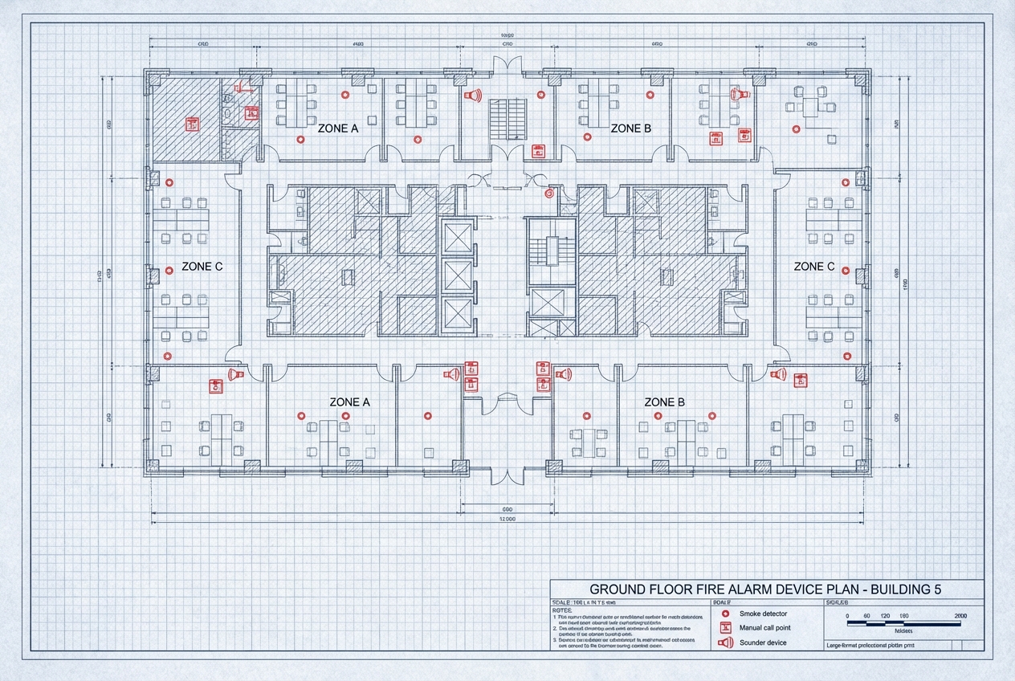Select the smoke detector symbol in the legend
point(725,614)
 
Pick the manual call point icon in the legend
point(725,627)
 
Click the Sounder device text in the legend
point(763,642)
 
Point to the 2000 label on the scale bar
point(960,615)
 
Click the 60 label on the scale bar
point(866,615)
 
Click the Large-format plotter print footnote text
point(870,645)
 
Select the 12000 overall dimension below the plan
point(507,520)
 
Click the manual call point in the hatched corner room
point(192,124)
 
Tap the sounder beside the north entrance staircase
point(473,96)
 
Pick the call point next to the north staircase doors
point(538,150)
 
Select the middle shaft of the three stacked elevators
point(458,275)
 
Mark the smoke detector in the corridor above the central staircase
point(550,194)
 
